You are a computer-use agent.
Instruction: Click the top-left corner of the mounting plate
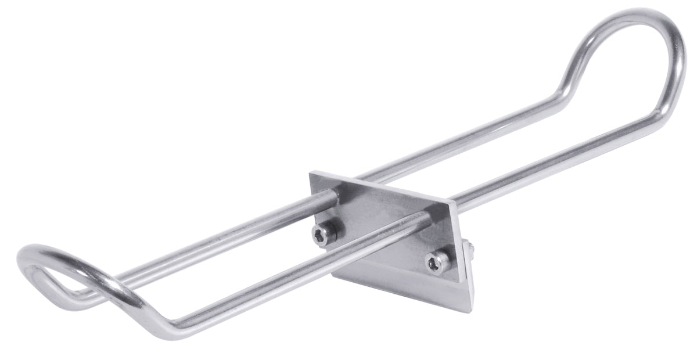pyautogui.click(x=311, y=172)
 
